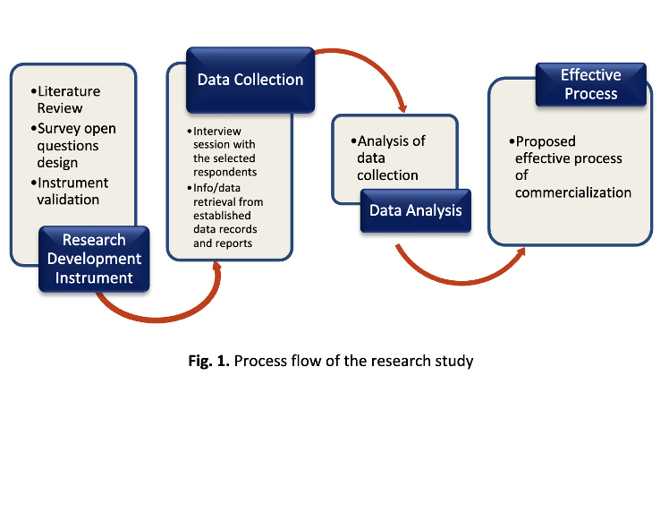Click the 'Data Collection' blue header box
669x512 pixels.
coord(250,80)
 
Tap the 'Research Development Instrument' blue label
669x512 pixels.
coord(94,259)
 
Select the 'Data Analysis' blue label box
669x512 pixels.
coord(416,210)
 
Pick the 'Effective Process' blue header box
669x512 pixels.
coord(591,84)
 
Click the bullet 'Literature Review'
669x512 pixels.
coord(65,99)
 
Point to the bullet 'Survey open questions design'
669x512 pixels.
coord(73,146)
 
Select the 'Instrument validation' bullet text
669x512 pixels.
coord(70,191)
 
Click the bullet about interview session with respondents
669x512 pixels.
coord(222,151)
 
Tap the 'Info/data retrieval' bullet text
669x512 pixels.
coord(224,216)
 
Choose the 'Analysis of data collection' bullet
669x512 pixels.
coord(388,158)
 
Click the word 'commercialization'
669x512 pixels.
coord(573,192)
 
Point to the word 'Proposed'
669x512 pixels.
coord(546,141)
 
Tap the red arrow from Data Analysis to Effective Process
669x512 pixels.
coord(461,282)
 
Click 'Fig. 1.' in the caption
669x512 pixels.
coord(209,362)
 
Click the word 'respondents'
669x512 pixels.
coord(224,172)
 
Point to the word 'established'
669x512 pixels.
coord(222,215)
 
